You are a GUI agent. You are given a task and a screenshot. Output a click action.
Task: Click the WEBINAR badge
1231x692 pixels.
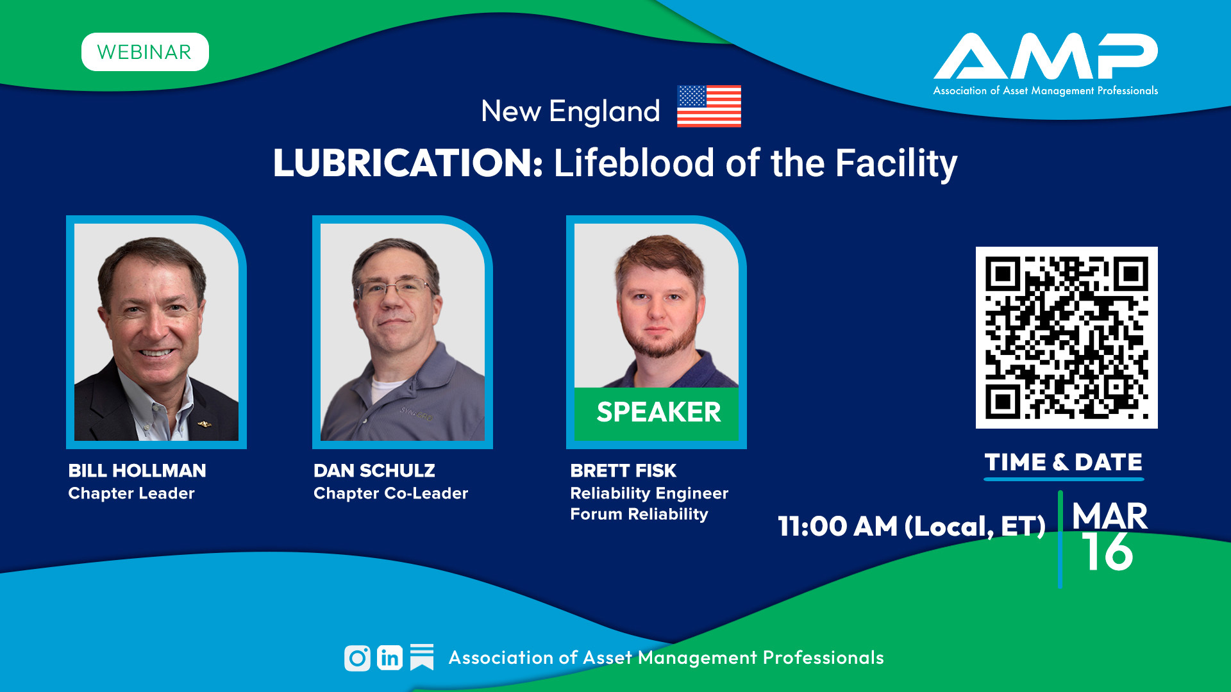145,52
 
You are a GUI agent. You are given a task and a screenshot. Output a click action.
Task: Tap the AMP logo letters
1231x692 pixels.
1046,56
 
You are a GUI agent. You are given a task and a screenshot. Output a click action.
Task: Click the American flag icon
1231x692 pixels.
709,106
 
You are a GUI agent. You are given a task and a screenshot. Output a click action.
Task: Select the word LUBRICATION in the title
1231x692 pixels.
408,163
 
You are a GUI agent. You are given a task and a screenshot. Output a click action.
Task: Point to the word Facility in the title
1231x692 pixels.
896,164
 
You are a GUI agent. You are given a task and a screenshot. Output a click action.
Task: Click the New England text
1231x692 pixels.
571,111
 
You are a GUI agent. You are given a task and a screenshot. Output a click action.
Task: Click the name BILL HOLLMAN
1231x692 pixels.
137,471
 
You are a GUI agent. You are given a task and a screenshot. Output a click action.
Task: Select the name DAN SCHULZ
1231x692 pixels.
374,471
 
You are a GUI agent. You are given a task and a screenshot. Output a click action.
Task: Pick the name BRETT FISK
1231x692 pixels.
623,471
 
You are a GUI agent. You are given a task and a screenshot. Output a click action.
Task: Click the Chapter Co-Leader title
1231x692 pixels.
391,493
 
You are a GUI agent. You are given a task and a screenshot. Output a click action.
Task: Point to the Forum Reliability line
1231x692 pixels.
639,515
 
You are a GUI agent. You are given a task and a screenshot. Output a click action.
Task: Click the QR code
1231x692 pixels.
1067,338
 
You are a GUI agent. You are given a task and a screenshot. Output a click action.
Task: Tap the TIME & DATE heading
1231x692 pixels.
1064,462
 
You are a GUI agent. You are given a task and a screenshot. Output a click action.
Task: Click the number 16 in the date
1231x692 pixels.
1107,552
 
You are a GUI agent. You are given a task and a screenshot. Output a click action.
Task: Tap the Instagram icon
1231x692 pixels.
357,658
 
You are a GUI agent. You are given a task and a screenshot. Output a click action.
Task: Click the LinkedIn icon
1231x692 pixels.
390,658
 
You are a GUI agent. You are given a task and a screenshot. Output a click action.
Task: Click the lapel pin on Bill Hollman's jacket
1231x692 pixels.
205,424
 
